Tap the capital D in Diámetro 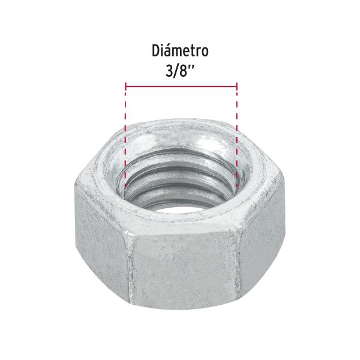[155, 52]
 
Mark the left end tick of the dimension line [125, 86]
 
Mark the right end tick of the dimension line [237, 86]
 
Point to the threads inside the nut [180, 180]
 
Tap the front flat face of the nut [183, 270]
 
